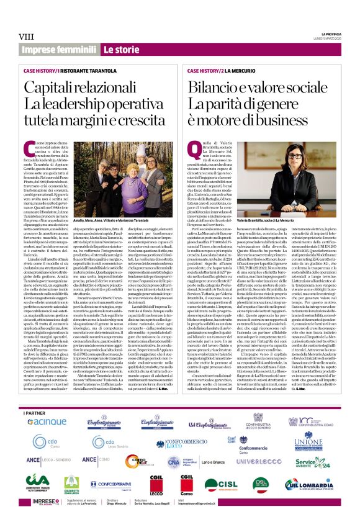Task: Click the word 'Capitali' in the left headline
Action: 50,89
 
